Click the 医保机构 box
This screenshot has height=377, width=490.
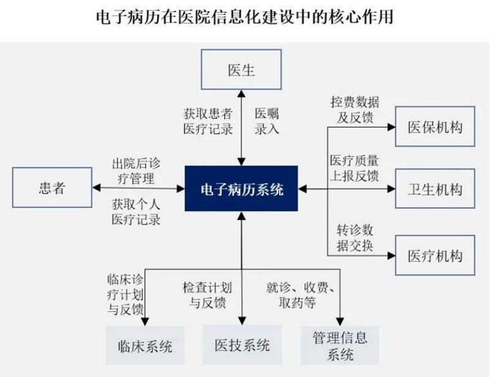pyautogui.click(x=434, y=128)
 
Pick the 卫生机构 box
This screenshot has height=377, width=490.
pyautogui.click(x=434, y=189)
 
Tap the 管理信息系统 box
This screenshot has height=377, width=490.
pyautogui.click(x=339, y=345)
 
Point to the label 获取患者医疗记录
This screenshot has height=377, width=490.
pyautogui.click(x=208, y=121)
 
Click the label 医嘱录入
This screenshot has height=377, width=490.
pyautogui.click(x=267, y=121)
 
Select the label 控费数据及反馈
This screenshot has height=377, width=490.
pyautogui.click(x=355, y=109)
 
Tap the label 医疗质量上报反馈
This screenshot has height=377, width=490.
pyautogui.click(x=355, y=169)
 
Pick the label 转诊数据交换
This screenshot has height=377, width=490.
pyautogui.click(x=355, y=238)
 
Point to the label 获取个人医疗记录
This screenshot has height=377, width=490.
pyautogui.click(x=136, y=211)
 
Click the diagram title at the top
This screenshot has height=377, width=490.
pyautogui.click(x=245, y=17)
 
